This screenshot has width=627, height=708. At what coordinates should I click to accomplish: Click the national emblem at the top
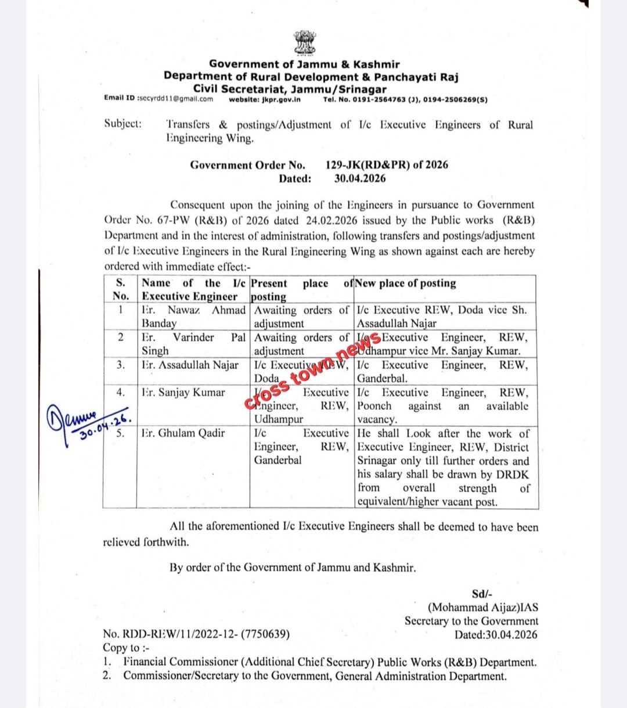point(304,42)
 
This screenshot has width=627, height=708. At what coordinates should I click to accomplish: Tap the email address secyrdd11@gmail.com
point(175,99)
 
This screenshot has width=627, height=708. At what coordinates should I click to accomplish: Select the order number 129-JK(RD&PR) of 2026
point(387,164)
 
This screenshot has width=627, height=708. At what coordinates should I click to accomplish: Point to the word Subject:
point(122,124)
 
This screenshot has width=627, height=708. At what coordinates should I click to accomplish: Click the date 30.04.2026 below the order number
point(360,179)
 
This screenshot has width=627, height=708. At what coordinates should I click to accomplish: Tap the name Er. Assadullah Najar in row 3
point(190,365)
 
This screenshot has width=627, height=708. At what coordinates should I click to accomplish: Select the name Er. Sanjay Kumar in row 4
point(183,393)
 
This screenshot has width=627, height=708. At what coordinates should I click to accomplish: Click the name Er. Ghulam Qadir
point(183,433)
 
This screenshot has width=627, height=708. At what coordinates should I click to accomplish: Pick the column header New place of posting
point(406,283)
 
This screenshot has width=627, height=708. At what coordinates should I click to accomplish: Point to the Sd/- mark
point(482,594)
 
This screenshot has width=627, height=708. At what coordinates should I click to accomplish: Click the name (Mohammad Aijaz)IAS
point(482,608)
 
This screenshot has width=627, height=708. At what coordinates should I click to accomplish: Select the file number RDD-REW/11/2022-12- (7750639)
point(196,634)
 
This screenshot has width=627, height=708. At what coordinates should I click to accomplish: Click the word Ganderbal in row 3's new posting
point(382,379)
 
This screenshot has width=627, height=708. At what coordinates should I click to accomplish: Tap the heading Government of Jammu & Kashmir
point(304,64)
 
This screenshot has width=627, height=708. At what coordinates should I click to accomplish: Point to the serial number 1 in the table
point(120,310)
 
